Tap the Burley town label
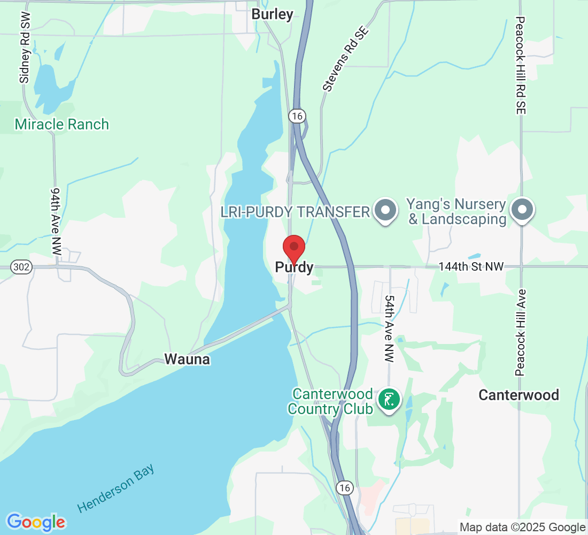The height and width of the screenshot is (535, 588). (273, 14)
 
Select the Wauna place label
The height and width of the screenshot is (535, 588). (187, 360)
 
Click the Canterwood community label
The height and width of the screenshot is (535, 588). (519, 395)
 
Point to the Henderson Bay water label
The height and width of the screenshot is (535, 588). (116, 488)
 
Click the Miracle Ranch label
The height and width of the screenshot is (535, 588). (62, 125)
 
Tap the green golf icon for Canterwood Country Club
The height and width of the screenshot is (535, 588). (389, 400)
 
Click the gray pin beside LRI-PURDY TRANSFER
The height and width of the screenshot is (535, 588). (385, 211)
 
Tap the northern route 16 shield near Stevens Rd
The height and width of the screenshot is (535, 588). (297, 115)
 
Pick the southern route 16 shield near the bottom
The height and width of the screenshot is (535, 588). (345, 487)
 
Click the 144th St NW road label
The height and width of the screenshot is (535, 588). (471, 266)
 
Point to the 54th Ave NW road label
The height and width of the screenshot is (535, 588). (389, 329)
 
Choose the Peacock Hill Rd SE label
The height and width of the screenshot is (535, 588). (521, 65)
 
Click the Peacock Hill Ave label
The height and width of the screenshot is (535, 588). (521, 333)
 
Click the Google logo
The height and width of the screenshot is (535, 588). (36, 522)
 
